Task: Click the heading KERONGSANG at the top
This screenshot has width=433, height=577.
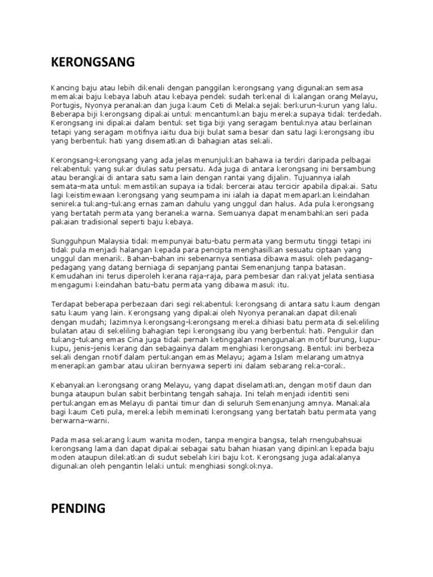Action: click(92, 62)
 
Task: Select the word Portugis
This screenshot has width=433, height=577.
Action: click(66, 105)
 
